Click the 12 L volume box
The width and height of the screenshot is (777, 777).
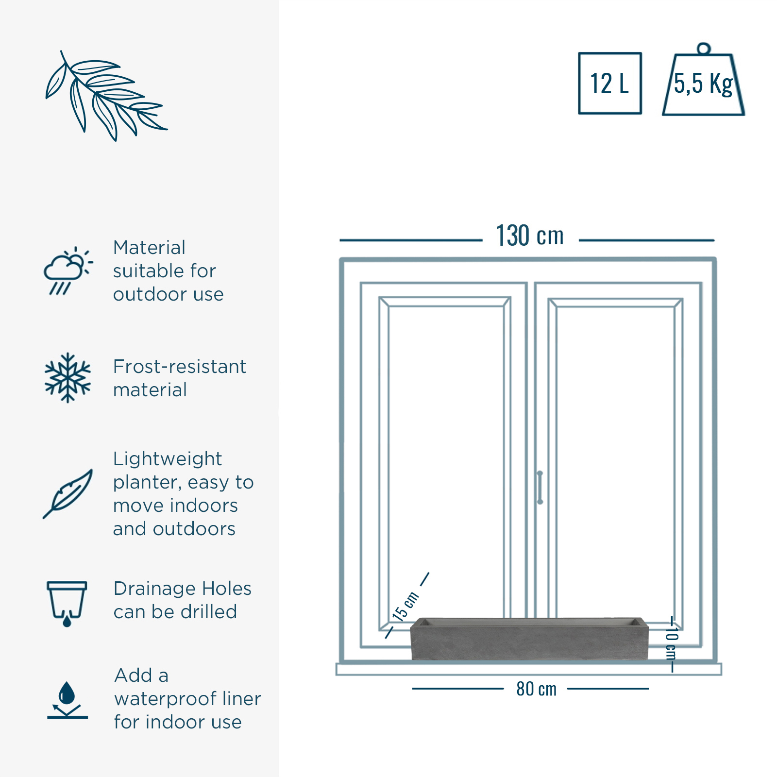pos(610,83)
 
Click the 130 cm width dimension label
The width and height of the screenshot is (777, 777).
pos(530,236)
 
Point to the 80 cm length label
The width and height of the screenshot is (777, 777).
pos(536,689)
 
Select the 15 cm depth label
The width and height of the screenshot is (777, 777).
pos(405,607)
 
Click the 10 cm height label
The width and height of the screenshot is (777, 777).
pos(672,643)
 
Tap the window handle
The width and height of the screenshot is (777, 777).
pos(540,487)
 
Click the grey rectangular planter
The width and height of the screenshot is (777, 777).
pos(529,639)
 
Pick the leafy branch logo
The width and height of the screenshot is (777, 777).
pos(106,96)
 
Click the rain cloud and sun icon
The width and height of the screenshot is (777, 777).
pos(68,270)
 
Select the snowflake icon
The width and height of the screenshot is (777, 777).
pos(68,378)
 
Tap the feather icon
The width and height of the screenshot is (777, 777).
pos(68,494)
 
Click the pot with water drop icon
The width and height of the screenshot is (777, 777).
pos(67,604)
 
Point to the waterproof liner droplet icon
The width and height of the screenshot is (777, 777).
pos(68,700)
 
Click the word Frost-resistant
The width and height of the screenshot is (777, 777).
pos(180,367)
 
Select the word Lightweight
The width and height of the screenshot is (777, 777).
pos(168,459)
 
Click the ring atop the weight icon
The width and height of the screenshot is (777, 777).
pos(703,49)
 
